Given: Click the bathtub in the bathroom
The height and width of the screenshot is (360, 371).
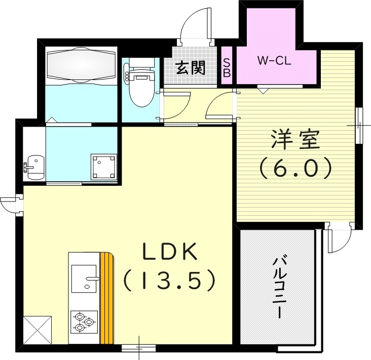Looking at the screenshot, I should tap(81, 65).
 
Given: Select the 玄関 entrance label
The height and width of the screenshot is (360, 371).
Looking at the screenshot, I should tap(191, 68).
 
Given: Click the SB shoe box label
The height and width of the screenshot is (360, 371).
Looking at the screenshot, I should tap(227, 67).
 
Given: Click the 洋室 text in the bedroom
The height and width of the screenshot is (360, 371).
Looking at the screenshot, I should tap(295, 140).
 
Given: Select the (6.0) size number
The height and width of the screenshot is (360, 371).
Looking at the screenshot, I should tap(295, 168).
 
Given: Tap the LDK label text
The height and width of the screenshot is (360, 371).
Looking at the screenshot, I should tap(170, 252).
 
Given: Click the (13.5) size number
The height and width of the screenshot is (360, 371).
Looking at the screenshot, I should tap(170, 279).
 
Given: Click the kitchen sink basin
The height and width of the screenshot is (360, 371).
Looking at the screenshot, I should tap(85, 278).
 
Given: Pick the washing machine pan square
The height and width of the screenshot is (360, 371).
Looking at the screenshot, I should tap(104, 167).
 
